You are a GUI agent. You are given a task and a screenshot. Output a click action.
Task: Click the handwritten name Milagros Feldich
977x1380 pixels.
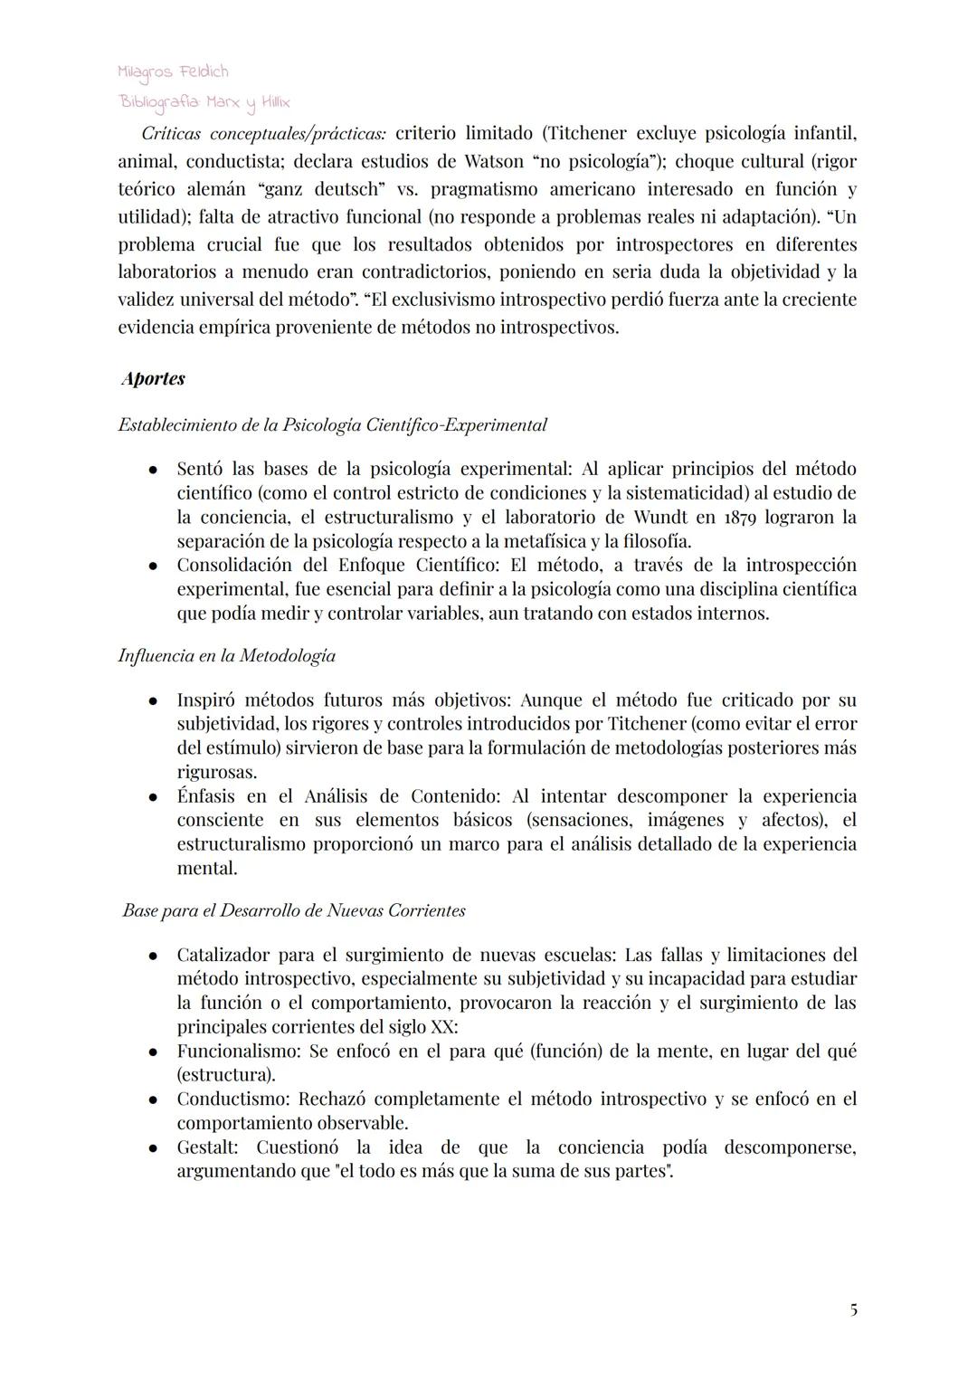tap(173, 71)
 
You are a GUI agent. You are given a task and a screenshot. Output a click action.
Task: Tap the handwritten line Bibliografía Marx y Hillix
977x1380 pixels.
tap(204, 102)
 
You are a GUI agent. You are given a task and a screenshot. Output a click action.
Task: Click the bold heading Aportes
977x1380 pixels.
tap(154, 378)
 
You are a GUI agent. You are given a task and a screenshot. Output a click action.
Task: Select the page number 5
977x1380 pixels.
tap(853, 1309)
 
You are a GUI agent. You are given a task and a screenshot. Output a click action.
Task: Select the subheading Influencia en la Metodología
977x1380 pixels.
tap(226, 655)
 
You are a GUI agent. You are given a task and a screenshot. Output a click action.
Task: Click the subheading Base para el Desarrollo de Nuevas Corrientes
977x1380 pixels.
tap(294, 910)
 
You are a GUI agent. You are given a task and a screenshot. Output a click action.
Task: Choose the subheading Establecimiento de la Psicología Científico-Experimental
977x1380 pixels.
tap(332, 424)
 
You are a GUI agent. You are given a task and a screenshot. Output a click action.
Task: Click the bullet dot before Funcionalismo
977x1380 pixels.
tap(155, 1052)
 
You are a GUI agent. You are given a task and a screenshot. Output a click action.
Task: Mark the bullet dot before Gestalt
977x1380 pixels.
tap(155, 1148)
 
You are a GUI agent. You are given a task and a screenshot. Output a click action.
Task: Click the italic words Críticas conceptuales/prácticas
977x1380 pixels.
tap(263, 134)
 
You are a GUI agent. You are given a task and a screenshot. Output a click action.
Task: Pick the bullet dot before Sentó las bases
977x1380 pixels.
tap(155, 470)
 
